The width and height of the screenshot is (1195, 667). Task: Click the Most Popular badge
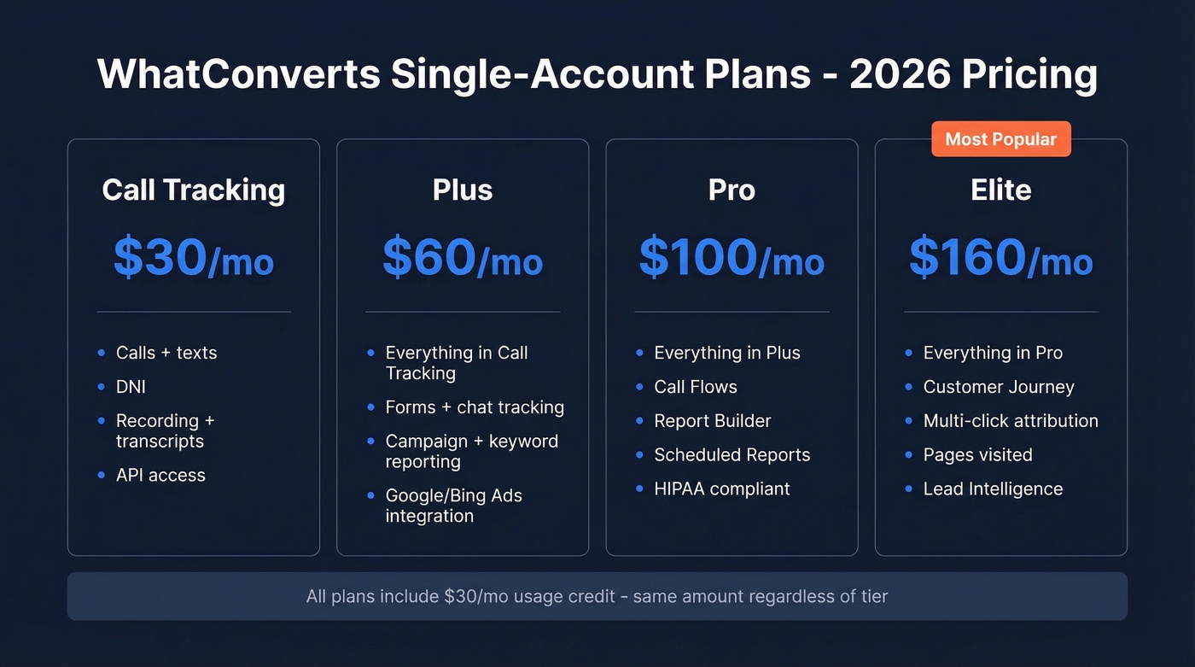[x=1000, y=139]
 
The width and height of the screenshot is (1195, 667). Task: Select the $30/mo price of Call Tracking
[x=194, y=258]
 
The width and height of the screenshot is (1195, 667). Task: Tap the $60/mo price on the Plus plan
[x=463, y=258]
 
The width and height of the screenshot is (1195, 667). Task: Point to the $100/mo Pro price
[x=732, y=258]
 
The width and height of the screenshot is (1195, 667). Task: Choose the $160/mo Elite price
[x=1000, y=258]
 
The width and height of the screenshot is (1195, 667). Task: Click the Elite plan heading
[x=1000, y=190]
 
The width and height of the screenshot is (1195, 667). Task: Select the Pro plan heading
[x=732, y=190]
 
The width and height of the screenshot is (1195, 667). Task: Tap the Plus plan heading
[x=463, y=190]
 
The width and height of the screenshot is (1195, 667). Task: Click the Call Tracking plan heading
[x=194, y=190]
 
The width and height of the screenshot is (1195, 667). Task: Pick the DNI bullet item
[x=131, y=387]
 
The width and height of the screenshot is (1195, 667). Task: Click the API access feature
[x=160, y=476]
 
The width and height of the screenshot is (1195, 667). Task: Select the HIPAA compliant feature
[x=722, y=489]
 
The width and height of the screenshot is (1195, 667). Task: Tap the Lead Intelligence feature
[x=993, y=489]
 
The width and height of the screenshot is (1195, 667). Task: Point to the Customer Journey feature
[x=999, y=387]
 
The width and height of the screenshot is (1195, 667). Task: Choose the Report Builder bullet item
[x=712, y=421]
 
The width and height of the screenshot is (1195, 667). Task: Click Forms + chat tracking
[x=475, y=407]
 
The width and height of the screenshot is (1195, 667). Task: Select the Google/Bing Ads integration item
[x=453, y=506]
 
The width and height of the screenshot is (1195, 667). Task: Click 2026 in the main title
[x=898, y=75]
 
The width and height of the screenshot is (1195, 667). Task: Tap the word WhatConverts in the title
[x=239, y=75]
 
